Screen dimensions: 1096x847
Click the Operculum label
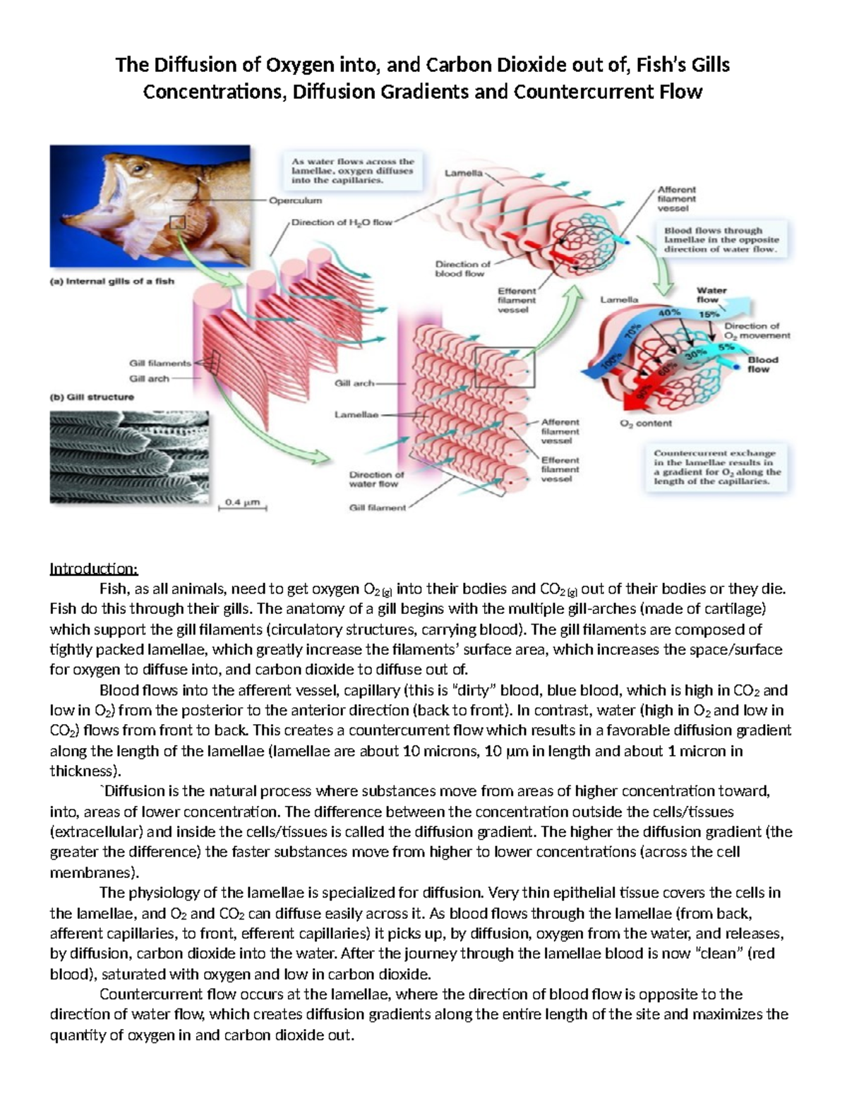[294, 200]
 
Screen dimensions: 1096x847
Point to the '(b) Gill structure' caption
[92, 397]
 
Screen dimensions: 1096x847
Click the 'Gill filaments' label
[160, 363]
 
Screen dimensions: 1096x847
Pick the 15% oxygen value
[709, 314]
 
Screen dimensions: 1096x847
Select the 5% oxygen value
[726, 347]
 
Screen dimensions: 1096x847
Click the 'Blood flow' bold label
[762, 364]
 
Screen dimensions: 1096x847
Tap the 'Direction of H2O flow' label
[342, 222]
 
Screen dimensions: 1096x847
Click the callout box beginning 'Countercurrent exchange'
[717, 466]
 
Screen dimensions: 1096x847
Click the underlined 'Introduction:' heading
[94, 569]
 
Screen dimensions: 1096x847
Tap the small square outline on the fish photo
[177, 223]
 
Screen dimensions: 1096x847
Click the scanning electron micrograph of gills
[129, 457]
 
